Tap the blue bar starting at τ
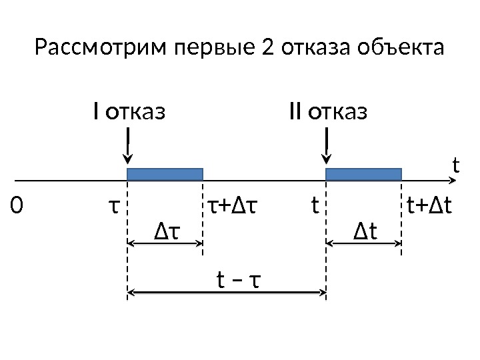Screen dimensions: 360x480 [x=165, y=174]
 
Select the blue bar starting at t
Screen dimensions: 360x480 [x=363, y=174]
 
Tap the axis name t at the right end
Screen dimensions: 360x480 [x=456, y=163]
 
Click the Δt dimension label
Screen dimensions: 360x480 [x=365, y=231]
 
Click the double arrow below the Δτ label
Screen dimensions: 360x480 [x=165, y=243]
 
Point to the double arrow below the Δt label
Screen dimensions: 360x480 [x=363, y=243]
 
